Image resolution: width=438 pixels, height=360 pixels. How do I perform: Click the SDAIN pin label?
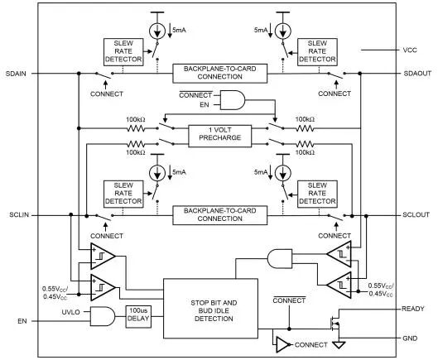(x=16, y=74)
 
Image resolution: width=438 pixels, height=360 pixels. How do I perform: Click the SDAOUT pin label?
(x=417, y=74)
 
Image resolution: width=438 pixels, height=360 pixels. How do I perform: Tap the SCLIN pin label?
(x=19, y=215)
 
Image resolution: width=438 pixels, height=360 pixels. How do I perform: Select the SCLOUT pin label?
(x=416, y=215)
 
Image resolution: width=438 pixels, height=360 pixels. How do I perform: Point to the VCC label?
(x=410, y=50)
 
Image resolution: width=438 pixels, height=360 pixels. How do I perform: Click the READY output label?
(x=413, y=309)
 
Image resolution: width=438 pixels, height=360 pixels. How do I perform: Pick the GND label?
(x=410, y=338)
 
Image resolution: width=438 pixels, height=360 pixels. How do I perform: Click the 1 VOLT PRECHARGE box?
(x=220, y=137)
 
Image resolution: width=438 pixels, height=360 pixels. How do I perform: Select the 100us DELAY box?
(x=138, y=317)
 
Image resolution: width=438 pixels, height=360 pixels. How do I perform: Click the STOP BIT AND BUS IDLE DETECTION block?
(x=210, y=309)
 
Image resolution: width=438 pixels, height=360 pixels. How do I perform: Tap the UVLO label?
(x=70, y=312)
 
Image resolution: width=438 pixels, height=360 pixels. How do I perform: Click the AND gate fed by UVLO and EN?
(x=103, y=316)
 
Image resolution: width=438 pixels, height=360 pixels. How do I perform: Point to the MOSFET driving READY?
(x=335, y=324)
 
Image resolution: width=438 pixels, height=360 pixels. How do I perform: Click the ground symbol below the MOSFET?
(x=339, y=345)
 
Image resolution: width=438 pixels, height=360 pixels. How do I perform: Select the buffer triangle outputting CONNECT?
(x=283, y=344)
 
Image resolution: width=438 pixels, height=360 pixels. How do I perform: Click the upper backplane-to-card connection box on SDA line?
(x=220, y=74)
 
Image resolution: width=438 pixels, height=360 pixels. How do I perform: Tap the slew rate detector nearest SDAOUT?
(x=317, y=52)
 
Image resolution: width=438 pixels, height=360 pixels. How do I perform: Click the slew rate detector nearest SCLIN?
(x=123, y=194)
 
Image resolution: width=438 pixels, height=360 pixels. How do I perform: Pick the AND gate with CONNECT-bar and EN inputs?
(x=233, y=100)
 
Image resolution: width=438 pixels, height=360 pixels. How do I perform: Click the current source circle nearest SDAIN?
(x=157, y=31)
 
